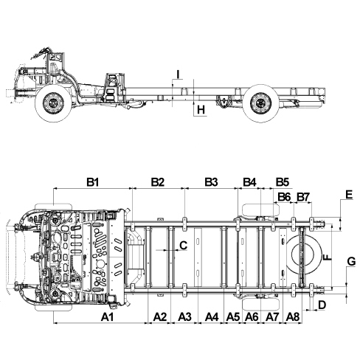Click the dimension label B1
click(93, 182)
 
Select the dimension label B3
click(211, 182)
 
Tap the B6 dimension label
click(284, 197)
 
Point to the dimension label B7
click(303, 197)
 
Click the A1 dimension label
click(108, 317)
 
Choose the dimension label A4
click(212, 317)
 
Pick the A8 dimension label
click(293, 317)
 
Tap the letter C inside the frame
click(184, 245)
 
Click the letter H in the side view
click(201, 109)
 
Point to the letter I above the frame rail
click(179, 74)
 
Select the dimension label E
click(349, 195)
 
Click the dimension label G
click(352, 261)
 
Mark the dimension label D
click(322, 305)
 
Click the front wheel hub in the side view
click(53, 103)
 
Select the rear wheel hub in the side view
click(260, 103)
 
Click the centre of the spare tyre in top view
click(303, 254)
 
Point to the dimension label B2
click(158, 182)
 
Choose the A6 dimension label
click(252, 317)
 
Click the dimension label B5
click(282, 182)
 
